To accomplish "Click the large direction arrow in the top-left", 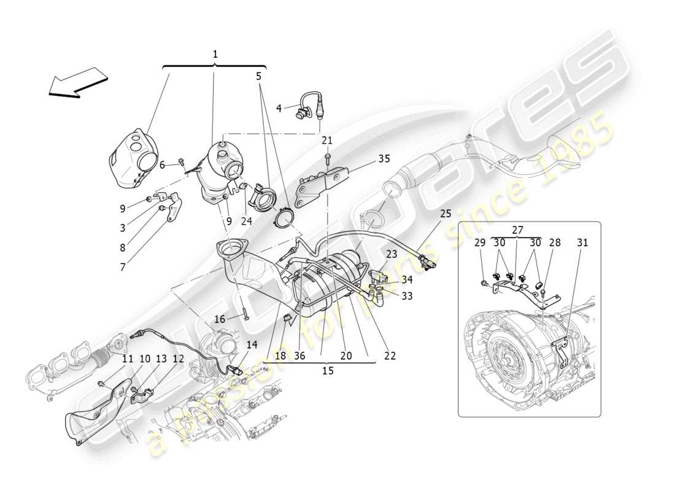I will pyautogui.click(x=77, y=82).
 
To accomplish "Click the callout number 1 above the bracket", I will pyautogui.click(x=215, y=55).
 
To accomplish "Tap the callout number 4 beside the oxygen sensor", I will pyautogui.click(x=279, y=108).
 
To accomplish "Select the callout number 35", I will pyautogui.click(x=384, y=158).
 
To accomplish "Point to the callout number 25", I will pyautogui.click(x=445, y=214).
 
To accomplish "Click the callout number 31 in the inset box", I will pyautogui.click(x=582, y=243).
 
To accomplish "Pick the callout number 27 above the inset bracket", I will pyautogui.click(x=518, y=230).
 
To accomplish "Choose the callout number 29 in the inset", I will pyautogui.click(x=480, y=243).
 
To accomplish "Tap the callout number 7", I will pyautogui.click(x=122, y=267).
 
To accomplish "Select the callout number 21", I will pyautogui.click(x=326, y=141).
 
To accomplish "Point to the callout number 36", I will pyautogui.click(x=299, y=355).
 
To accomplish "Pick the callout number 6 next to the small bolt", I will pyautogui.click(x=163, y=164).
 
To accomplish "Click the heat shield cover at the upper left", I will pyautogui.click(x=132, y=158).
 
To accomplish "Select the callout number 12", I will pyautogui.click(x=178, y=358).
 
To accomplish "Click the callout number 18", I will pyautogui.click(x=280, y=355).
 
